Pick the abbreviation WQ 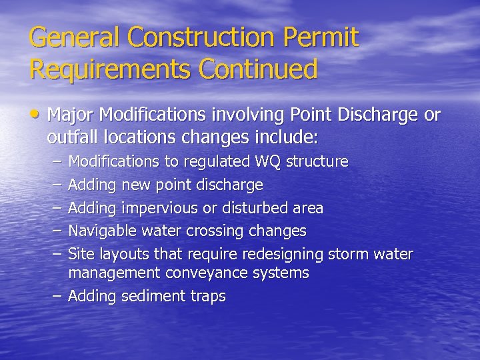click(269, 161)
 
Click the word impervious click(160, 208)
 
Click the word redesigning click(283, 255)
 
